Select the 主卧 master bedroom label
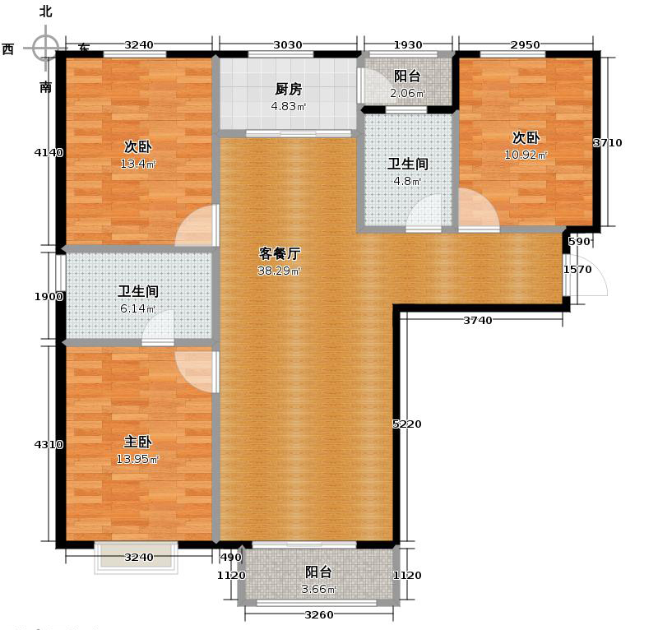point(137,442)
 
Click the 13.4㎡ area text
point(137,164)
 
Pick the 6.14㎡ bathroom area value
point(137,307)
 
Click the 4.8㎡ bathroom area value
point(409,181)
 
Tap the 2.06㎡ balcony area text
point(406,93)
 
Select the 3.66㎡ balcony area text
point(318,589)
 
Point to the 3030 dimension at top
point(287,44)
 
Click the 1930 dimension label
point(408,44)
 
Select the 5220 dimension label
point(406,424)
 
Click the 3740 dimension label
point(477,321)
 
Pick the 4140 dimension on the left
point(48,151)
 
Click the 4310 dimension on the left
point(48,445)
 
